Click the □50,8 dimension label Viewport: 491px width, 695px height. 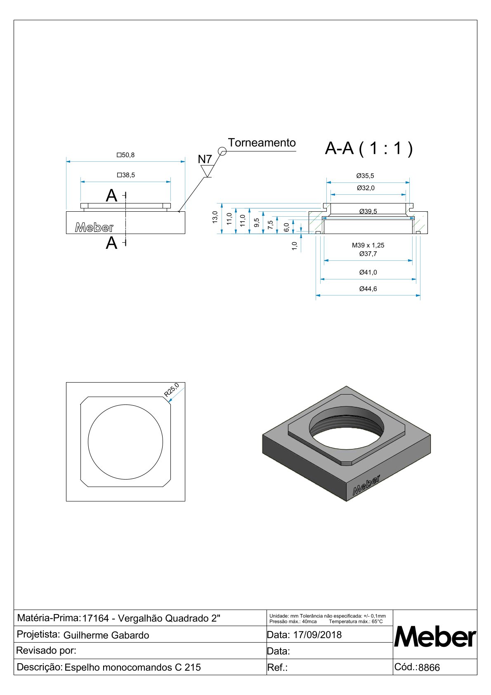[x=125, y=155]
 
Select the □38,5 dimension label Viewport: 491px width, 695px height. [x=126, y=175]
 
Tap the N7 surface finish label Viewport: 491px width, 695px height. [x=205, y=159]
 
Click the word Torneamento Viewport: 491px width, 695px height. [x=262, y=143]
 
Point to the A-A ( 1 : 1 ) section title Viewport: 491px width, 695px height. [x=368, y=148]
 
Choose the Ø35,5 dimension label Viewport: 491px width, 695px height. [x=365, y=176]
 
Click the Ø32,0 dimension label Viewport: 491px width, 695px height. [x=366, y=188]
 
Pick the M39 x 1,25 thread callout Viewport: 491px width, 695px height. [x=368, y=245]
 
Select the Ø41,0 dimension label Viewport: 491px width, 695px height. [x=368, y=272]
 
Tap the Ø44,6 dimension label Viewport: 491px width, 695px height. [x=368, y=289]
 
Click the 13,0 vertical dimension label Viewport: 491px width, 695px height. [x=215, y=217]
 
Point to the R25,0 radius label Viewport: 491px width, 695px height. [x=172, y=390]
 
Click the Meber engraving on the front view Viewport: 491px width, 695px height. [x=94, y=227]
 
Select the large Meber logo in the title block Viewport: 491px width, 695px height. [x=435, y=637]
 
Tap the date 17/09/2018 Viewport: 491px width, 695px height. [x=317, y=635]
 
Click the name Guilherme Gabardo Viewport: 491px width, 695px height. [x=106, y=635]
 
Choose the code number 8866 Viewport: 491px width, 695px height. [x=429, y=667]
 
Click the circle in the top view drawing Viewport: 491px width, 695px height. [x=125, y=442]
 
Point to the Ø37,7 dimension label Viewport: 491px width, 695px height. [x=368, y=254]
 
